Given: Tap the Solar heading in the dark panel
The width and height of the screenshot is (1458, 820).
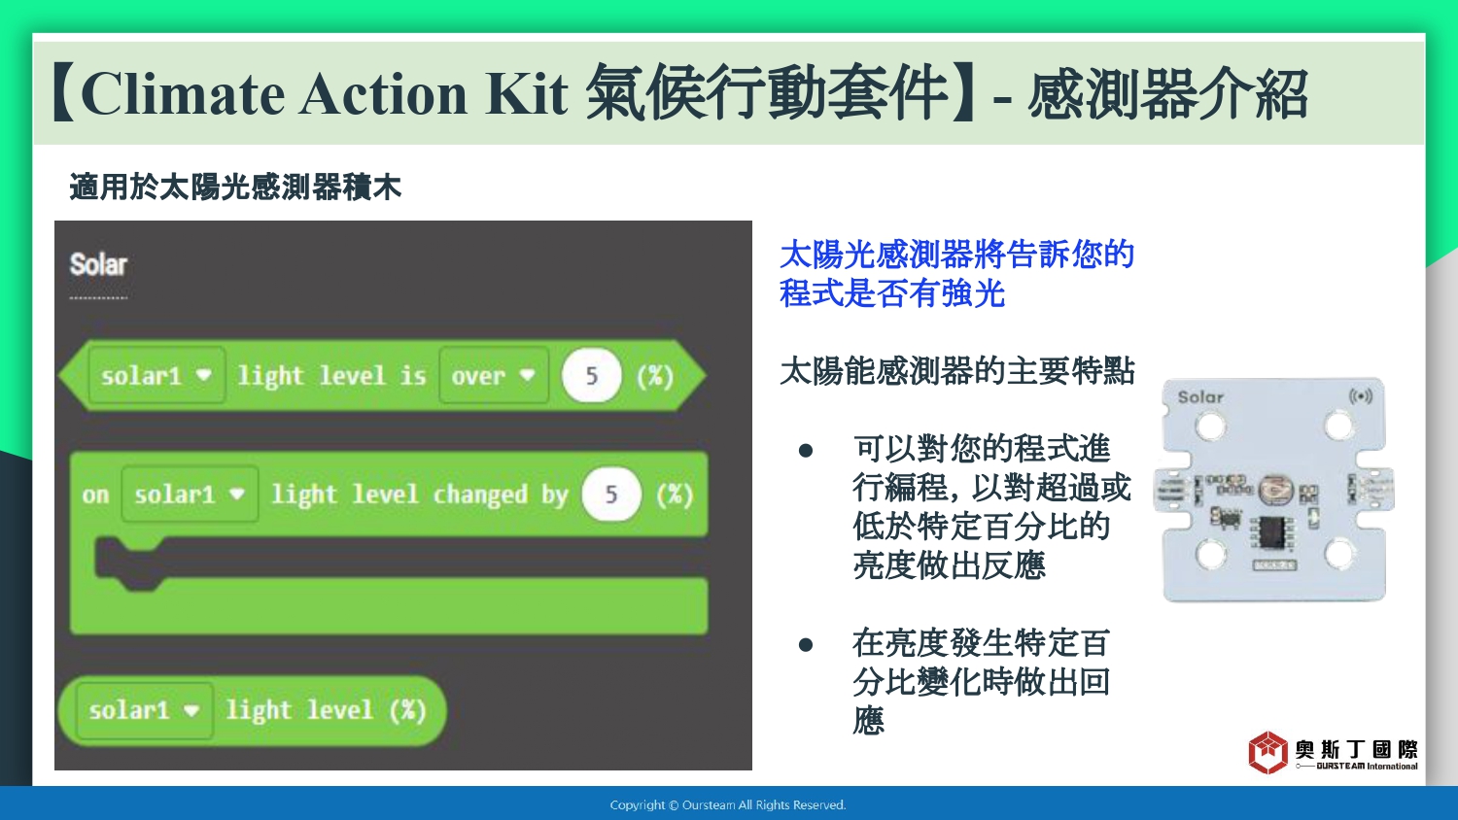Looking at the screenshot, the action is pos(98,265).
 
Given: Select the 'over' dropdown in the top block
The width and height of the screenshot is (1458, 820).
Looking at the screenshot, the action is pos(494,375).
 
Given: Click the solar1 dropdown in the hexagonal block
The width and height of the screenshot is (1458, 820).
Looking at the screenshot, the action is pos(156,375).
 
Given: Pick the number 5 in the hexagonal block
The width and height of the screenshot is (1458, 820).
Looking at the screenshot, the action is pos(592,375).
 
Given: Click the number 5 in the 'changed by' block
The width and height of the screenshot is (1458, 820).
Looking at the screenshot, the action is pos(611,495).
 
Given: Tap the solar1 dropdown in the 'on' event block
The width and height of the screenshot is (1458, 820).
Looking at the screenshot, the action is pos(190,495).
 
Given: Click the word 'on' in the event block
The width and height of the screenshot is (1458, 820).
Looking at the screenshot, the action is pos(95,495).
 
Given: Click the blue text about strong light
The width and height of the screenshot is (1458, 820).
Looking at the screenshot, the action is pos(956,274).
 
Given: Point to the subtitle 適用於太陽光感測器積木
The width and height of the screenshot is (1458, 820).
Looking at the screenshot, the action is pos(235,188).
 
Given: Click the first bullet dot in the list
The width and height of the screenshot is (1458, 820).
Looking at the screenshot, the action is pos(806,451).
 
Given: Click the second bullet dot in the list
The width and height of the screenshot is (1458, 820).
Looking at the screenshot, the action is pos(806,644).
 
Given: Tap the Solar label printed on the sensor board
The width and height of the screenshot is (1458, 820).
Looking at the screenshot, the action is pos(1200,397).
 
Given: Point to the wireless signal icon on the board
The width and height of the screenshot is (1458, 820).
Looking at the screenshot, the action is pos(1361,396).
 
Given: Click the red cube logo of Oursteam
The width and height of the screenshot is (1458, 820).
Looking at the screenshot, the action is pos(1267,752).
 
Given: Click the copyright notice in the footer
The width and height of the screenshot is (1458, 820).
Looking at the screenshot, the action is pos(728,805).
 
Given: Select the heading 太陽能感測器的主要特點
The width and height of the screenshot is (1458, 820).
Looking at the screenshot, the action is pos(956,371).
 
